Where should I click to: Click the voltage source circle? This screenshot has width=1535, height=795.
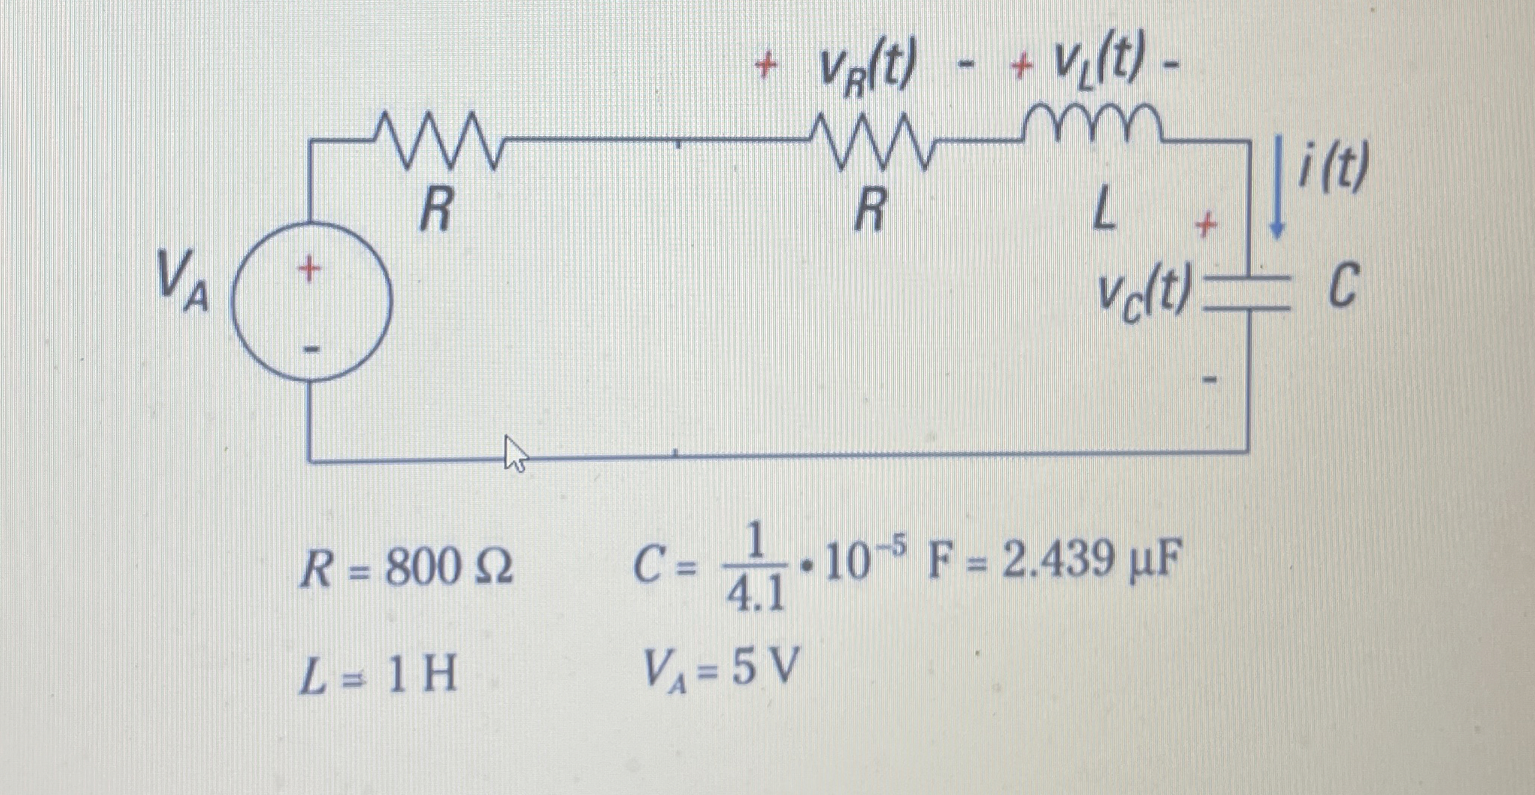(x=311, y=301)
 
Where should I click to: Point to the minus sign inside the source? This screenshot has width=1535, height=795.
(x=311, y=349)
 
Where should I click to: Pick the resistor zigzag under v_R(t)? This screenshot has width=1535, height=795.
(x=871, y=140)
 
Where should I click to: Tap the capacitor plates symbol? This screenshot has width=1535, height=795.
(x=1250, y=291)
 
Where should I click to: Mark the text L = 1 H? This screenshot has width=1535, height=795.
(x=377, y=677)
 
